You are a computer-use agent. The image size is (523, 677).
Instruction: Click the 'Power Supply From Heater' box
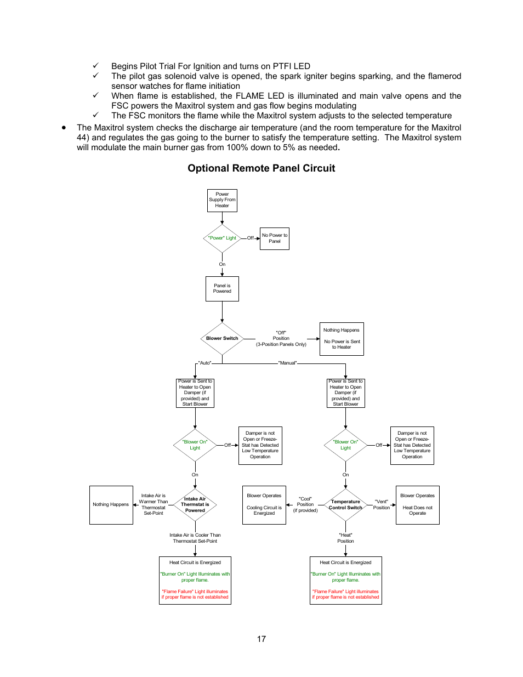pyautogui.click(x=222, y=200)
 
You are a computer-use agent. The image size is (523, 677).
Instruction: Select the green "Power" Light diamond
pyautogui.click(x=222, y=238)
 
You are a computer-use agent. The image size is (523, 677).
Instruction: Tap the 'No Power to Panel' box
pyautogui.click(x=274, y=238)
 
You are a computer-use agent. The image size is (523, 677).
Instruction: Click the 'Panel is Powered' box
pyautogui.click(x=222, y=288)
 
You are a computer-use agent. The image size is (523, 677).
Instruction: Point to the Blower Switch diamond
pyautogui.click(x=222, y=338)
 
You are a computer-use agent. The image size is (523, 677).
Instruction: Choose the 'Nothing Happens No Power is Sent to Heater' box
pyautogui.click(x=342, y=339)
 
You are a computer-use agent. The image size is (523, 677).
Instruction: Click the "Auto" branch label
pyautogui.click(x=205, y=363)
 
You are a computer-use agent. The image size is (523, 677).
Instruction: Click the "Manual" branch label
pyautogui.click(x=288, y=363)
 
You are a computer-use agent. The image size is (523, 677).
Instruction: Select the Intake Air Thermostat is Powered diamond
pyautogui.click(x=195, y=504)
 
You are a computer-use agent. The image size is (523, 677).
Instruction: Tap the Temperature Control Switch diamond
pyautogui.click(x=345, y=504)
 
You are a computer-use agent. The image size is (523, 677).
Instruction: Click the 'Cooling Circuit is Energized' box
pyautogui.click(x=264, y=505)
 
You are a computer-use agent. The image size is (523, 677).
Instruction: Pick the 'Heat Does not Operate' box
pyautogui.click(x=417, y=505)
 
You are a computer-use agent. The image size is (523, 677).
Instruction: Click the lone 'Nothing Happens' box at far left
pyautogui.click(x=111, y=505)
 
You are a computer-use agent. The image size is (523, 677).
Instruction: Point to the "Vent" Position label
pyautogui.click(x=381, y=504)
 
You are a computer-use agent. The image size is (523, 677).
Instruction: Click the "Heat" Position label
pyautogui.click(x=345, y=538)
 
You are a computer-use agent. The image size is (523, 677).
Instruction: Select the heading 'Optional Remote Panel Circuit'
pyautogui.click(x=261, y=168)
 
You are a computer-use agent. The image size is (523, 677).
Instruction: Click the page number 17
pyautogui.click(x=261, y=639)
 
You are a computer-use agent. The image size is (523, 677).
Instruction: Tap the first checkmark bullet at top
pyautogui.click(x=95, y=66)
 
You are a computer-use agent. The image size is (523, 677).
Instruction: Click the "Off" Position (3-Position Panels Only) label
pyautogui.click(x=281, y=338)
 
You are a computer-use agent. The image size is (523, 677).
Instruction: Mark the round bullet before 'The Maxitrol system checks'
pyautogui.click(x=64, y=127)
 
